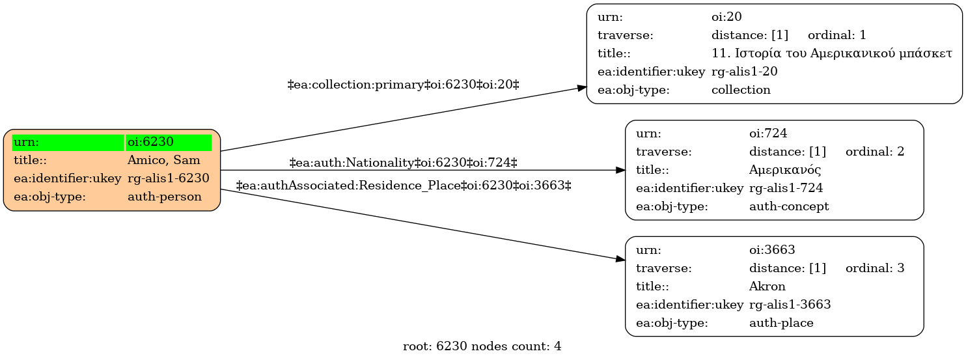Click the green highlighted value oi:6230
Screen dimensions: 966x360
click(x=150, y=142)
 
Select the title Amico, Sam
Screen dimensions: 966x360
click(x=164, y=160)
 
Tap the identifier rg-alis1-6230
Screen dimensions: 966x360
click(x=168, y=178)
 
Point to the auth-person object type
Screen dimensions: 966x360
click(x=165, y=197)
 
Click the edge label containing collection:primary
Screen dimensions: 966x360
click(x=403, y=85)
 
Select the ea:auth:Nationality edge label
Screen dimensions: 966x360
click(x=403, y=163)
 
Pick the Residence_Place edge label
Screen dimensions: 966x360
click(x=404, y=186)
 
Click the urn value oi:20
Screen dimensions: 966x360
click(x=726, y=17)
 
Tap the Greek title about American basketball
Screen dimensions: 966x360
click(x=832, y=53)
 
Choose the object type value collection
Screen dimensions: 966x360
click(x=741, y=90)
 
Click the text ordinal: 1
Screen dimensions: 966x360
click(x=837, y=35)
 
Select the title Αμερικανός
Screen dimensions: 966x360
click(x=785, y=170)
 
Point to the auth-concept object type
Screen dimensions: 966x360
click(x=789, y=206)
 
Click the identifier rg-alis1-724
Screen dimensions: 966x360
click(x=786, y=188)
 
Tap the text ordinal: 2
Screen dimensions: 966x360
click(x=875, y=152)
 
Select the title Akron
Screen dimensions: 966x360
click(x=767, y=286)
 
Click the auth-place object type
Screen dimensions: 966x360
click(x=781, y=323)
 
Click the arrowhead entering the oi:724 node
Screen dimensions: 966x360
click(x=620, y=171)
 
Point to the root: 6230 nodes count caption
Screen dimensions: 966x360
click(x=482, y=346)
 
